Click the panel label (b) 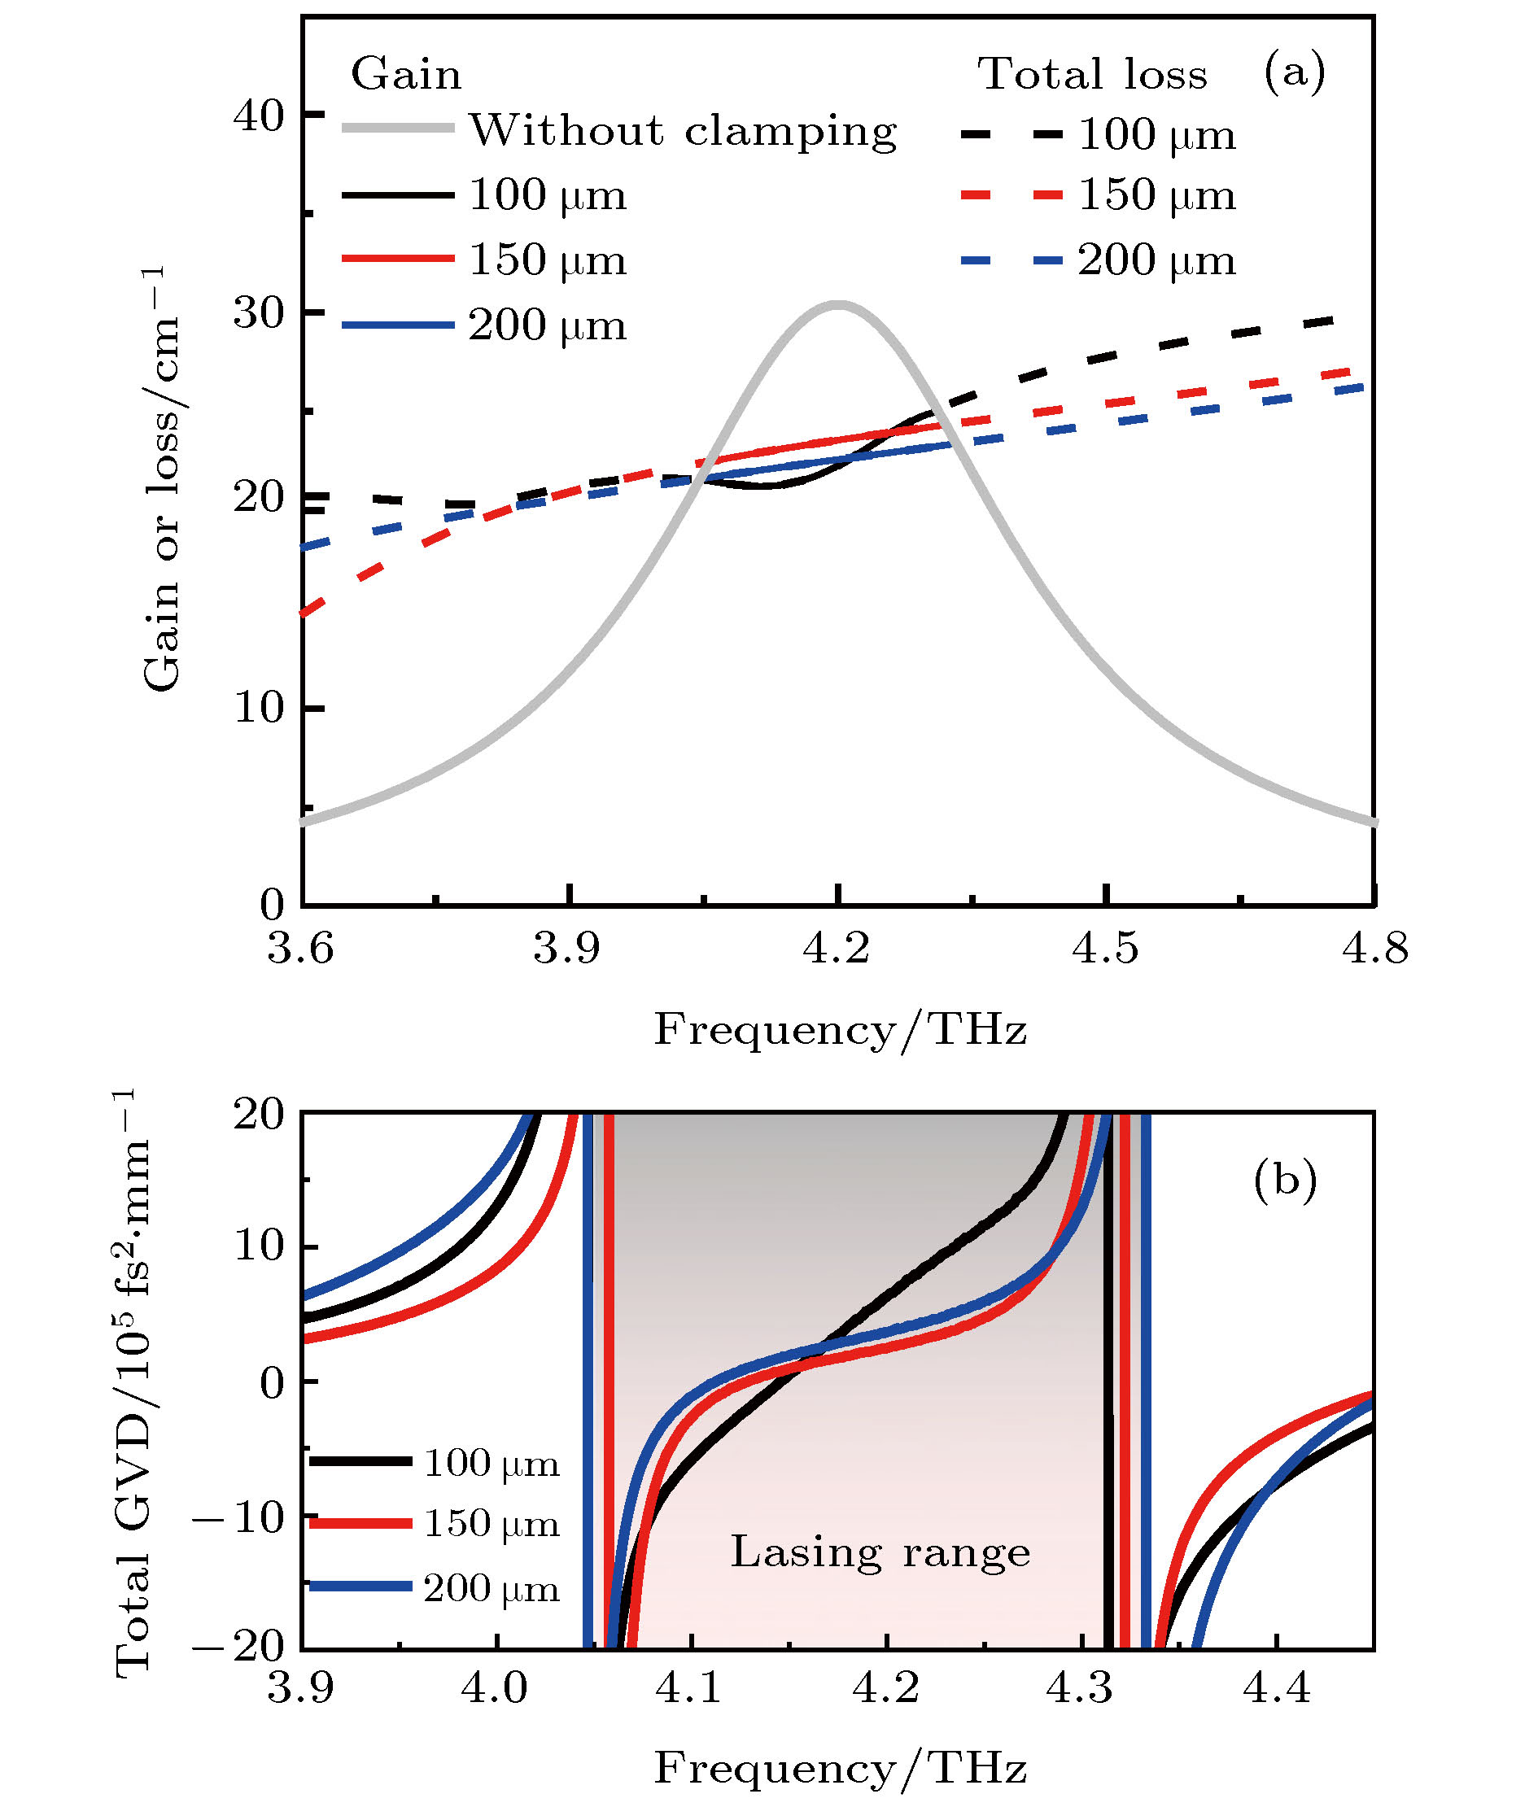[1284, 1181]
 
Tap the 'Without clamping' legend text [683, 132]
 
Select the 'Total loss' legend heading [1091, 74]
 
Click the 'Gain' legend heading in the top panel [405, 74]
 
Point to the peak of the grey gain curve [837, 305]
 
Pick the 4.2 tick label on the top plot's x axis [837, 949]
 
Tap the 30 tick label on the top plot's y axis [260, 313]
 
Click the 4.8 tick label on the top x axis [1374, 949]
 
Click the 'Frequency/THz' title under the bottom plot [840, 1769]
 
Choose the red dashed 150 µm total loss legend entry [1099, 195]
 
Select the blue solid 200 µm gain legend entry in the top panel [485, 326]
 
